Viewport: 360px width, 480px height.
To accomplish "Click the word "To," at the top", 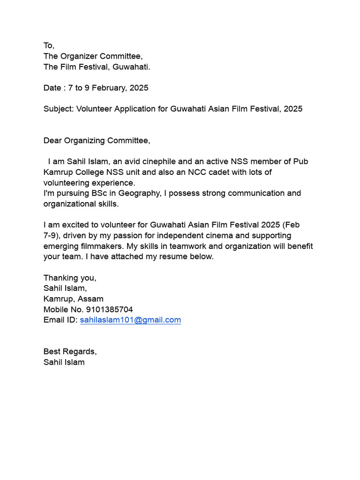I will pyautogui.click(x=49, y=45).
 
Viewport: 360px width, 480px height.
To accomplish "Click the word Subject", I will pyautogui.click(x=58, y=109).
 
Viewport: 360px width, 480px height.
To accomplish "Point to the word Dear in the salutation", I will pyautogui.click(x=52, y=141).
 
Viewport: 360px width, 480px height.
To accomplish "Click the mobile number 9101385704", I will pyautogui.click(x=109, y=309).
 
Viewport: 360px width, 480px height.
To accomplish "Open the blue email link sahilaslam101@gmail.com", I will pyautogui.click(x=130, y=320).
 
